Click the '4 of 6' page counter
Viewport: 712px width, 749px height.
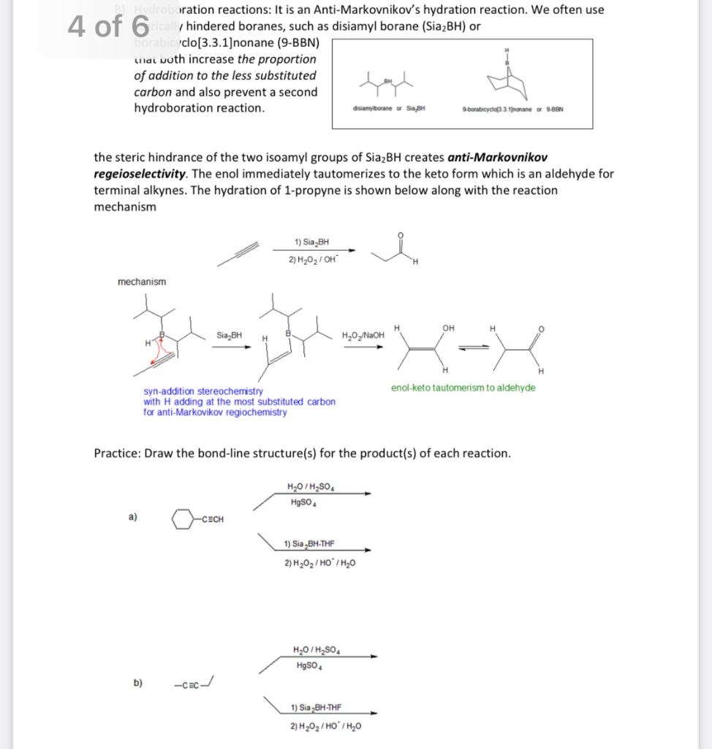(x=107, y=27)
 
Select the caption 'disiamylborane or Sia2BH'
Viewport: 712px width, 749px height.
(x=388, y=110)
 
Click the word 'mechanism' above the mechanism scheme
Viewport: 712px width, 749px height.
(x=142, y=282)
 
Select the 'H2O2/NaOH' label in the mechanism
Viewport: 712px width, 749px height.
(x=363, y=336)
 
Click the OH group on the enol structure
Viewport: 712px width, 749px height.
(x=449, y=328)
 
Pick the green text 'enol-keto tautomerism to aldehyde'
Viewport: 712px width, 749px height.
(x=463, y=388)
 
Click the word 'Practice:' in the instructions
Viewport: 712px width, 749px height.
(x=117, y=453)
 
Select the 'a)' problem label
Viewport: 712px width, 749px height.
(x=132, y=516)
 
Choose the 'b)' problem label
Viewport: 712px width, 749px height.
(x=137, y=683)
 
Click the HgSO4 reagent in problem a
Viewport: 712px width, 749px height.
(x=303, y=502)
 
